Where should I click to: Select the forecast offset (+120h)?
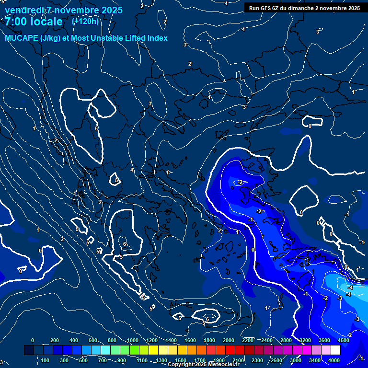pos(85,21)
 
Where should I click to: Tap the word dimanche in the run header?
pos(299,8)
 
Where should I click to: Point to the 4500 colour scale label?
pos(343,340)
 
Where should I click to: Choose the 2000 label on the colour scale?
pos(229,340)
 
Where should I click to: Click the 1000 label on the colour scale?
pos(133,340)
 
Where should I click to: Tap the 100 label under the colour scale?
pos(46,360)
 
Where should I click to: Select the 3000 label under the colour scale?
pos(296,360)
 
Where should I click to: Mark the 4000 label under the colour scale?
pos(334,360)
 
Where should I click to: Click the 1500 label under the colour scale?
pos(181,360)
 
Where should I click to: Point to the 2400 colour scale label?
pos(267,340)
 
